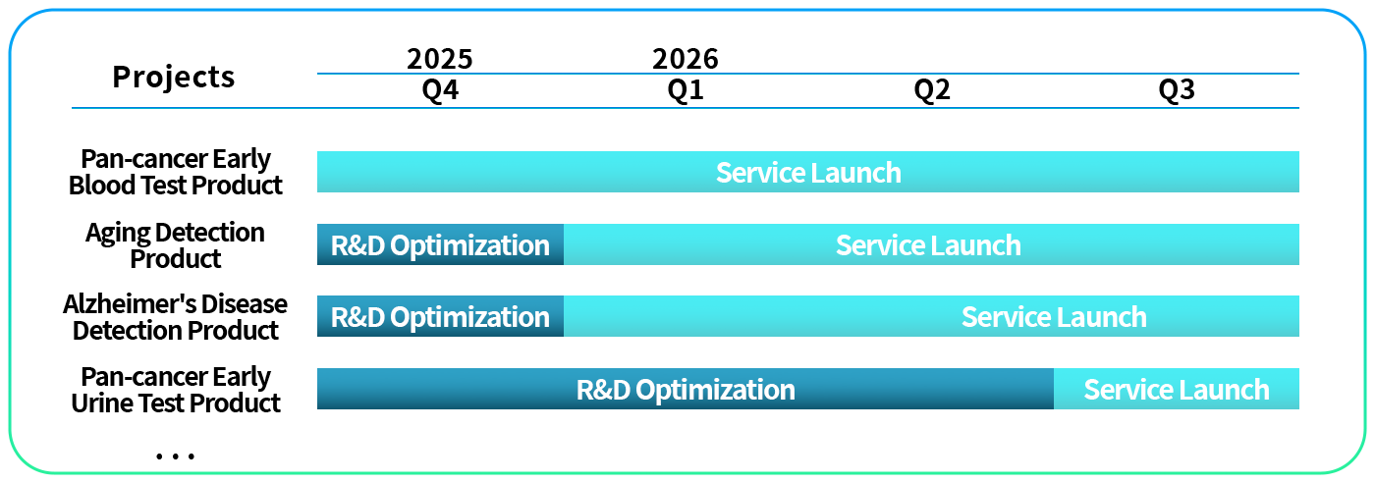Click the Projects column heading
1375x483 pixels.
point(174,78)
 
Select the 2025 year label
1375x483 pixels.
point(440,59)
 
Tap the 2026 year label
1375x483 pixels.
point(686,59)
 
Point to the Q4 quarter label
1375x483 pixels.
point(440,90)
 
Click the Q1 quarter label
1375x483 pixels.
point(686,90)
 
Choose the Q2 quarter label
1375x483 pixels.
point(932,90)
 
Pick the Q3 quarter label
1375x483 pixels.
point(1177,90)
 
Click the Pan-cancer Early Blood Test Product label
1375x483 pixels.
point(176,172)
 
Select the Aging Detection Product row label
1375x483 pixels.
point(176,244)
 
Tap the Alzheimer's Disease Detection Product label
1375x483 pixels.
point(176,317)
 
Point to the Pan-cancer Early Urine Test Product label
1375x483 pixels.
point(176,390)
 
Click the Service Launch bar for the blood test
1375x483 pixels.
point(807,172)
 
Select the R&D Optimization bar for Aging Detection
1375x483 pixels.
point(440,244)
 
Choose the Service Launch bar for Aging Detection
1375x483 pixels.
point(931,244)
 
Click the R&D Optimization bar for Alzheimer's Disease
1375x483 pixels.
point(440,316)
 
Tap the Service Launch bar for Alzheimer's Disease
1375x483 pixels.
point(931,316)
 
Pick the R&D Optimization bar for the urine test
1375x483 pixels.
point(686,389)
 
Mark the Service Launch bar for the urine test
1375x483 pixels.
point(1177,389)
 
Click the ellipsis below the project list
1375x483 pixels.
point(175,456)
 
